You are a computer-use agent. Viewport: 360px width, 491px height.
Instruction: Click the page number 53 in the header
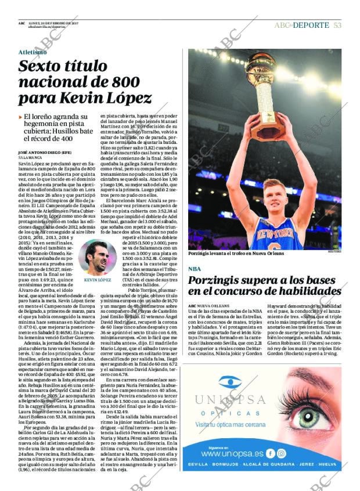337,25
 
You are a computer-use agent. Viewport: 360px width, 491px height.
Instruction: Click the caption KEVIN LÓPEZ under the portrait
97,280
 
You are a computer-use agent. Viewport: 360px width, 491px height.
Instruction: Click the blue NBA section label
195,269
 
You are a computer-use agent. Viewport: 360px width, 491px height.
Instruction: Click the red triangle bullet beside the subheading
20,117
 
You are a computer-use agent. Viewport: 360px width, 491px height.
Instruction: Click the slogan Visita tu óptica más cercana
230,425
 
